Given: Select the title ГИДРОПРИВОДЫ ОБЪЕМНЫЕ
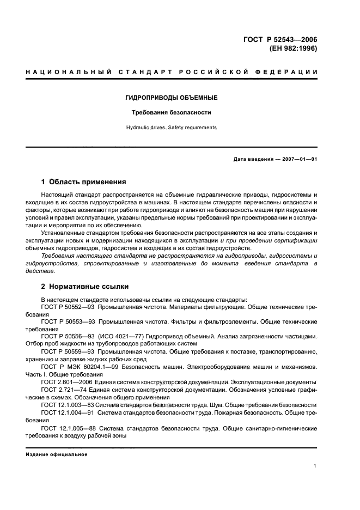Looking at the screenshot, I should coord(179,98).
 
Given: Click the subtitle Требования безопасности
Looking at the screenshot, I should coord(179,113).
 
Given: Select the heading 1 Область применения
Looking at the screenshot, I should coord(84,182).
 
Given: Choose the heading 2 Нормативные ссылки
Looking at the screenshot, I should coord(84,286).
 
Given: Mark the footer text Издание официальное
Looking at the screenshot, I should coord(57,454).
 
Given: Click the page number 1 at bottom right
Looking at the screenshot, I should coord(315,466).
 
